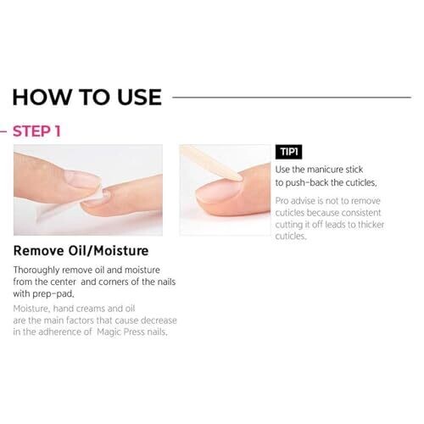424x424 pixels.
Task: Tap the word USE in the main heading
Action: tap(139, 97)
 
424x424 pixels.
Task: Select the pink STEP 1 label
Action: tap(36, 131)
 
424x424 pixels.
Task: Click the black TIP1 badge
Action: tap(288, 152)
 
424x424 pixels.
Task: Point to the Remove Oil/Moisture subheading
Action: tap(81, 251)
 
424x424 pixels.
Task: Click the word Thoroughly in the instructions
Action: tap(36, 271)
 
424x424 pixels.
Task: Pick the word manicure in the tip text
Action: tap(325, 170)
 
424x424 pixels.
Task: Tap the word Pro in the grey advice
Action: tap(282, 201)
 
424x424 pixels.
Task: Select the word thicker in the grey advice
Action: tap(371, 225)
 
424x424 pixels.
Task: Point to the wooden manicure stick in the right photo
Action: tap(211, 163)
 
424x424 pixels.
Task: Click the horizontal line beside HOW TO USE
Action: tap(292, 98)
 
